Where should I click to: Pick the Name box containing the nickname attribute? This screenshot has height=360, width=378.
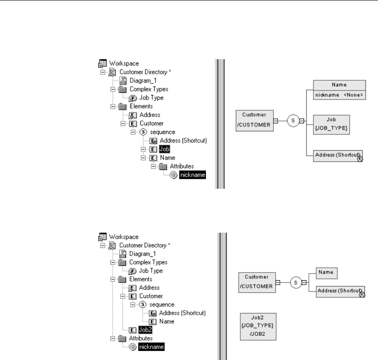[x=339, y=90]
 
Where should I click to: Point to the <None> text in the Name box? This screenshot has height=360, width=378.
[x=353, y=95]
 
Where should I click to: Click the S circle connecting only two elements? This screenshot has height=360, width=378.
[x=296, y=283]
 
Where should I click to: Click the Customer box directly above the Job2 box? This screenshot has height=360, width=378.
[x=256, y=283]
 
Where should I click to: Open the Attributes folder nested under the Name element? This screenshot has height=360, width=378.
[x=171, y=166]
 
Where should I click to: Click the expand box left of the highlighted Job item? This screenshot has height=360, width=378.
[x=143, y=149]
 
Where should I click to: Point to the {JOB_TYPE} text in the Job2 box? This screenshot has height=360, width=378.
[x=258, y=324]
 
